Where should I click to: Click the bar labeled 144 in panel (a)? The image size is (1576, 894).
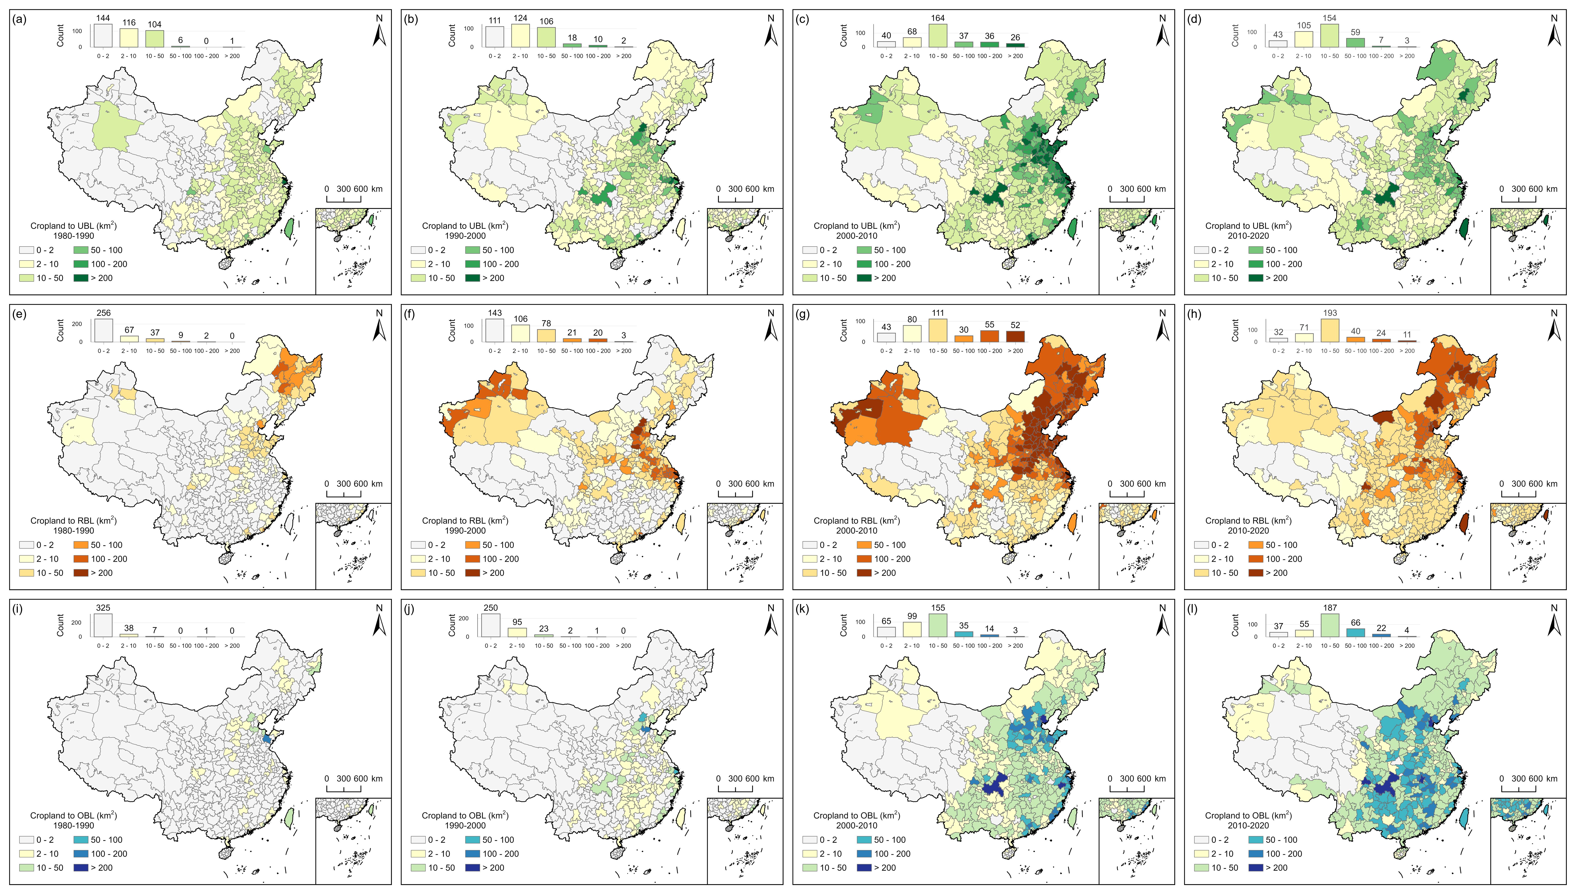pos(103,35)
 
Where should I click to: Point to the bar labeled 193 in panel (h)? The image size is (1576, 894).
pos(1330,330)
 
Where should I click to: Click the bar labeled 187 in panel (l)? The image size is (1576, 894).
pos(1330,625)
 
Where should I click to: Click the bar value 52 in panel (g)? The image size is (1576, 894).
pos(1016,325)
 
